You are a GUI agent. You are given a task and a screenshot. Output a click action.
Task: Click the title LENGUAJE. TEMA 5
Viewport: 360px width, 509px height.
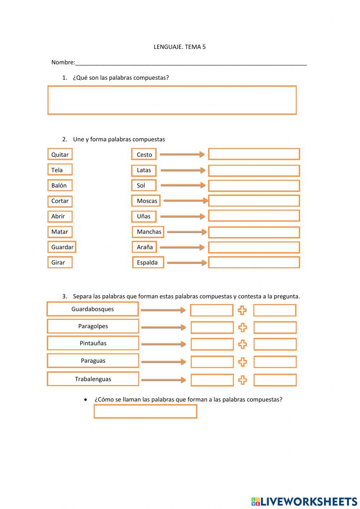tap(180, 47)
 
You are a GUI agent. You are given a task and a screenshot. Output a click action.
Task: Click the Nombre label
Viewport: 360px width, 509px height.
tap(63, 62)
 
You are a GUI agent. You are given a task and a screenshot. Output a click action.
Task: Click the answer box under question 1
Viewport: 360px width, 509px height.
tap(172, 100)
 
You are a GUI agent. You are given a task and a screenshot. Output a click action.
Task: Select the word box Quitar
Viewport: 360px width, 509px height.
tap(60, 155)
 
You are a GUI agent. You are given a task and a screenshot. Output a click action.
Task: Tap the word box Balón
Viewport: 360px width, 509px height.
tap(60, 186)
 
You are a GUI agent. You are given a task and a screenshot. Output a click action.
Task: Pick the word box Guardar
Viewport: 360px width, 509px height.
tap(62, 247)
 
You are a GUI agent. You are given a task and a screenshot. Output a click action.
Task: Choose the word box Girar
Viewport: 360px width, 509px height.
tap(60, 263)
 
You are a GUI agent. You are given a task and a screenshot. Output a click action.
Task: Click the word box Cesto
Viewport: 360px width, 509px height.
tap(144, 155)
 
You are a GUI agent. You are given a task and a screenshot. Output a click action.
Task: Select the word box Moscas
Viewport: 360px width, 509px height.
tap(146, 201)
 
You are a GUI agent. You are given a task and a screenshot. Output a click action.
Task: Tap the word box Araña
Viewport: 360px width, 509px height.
tap(144, 247)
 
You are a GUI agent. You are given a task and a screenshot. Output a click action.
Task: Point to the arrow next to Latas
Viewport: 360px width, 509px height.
tap(183, 170)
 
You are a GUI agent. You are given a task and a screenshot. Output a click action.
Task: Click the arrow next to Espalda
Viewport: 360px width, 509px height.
tap(186, 263)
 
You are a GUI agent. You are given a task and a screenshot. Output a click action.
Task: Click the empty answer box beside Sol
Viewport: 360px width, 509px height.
tap(254, 186)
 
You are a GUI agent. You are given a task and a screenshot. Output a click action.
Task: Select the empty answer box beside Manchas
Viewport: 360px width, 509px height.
tap(254, 232)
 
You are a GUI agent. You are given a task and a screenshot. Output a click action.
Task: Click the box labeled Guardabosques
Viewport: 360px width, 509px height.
tap(93, 309)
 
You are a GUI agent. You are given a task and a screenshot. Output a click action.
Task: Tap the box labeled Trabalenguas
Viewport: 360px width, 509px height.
tap(93, 379)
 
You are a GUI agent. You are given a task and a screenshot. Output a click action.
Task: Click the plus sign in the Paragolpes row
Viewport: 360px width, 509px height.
tap(243, 327)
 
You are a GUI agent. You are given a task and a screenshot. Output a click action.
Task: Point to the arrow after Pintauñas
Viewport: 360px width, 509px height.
tap(163, 344)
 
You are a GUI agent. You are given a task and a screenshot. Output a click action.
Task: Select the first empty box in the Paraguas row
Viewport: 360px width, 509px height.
tap(212, 362)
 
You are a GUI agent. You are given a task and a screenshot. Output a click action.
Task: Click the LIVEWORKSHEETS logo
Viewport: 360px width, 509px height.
tap(304, 501)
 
